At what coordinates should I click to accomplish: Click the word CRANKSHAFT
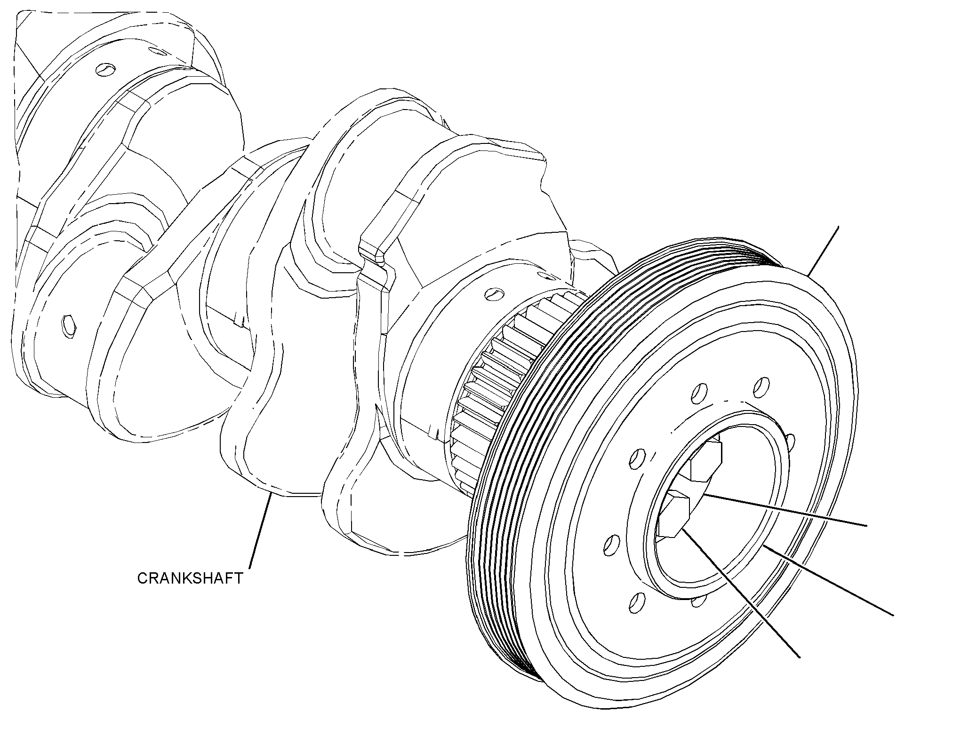click(x=190, y=578)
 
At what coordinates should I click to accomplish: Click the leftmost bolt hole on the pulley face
click(x=610, y=544)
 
